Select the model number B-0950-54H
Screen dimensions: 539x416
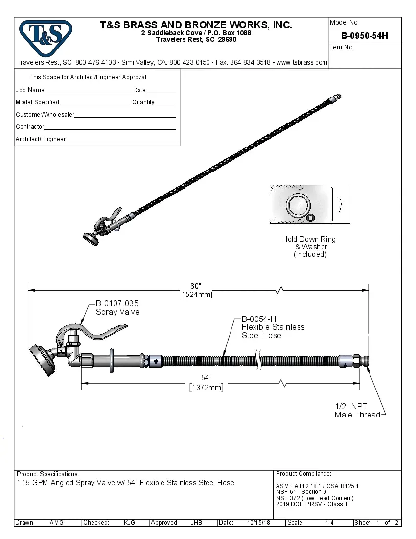[364, 35]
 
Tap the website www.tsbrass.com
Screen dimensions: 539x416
[302, 62]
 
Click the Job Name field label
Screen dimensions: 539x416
[30, 90]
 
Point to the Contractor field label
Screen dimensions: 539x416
[30, 127]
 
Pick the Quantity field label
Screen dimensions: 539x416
[143, 102]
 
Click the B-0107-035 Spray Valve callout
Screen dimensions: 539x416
[117, 308]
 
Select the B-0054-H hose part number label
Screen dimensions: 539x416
[259, 319]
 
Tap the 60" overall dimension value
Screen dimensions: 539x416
[196, 286]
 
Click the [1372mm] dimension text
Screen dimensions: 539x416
[206, 387]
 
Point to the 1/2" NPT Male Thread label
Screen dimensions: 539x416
[357, 411]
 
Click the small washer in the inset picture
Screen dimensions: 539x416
[310, 217]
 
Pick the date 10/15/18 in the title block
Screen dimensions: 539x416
[258, 523]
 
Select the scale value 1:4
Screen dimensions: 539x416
[329, 523]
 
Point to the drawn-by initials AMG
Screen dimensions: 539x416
[56, 523]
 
